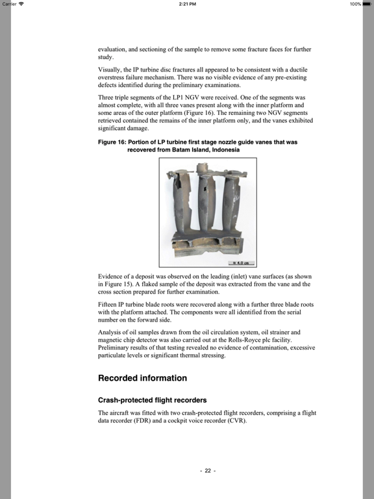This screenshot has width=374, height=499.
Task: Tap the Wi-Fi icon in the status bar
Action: [21, 4]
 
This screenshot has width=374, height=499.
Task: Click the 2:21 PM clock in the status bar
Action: [187, 4]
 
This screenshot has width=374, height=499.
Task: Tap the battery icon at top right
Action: [367, 4]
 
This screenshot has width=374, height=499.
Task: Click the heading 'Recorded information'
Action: [142, 377]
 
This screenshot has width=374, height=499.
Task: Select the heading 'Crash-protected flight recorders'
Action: [153, 400]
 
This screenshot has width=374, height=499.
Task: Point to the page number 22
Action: [208, 470]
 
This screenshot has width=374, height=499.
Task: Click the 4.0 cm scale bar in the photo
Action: [242, 263]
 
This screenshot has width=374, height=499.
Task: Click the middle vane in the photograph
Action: [206, 202]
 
